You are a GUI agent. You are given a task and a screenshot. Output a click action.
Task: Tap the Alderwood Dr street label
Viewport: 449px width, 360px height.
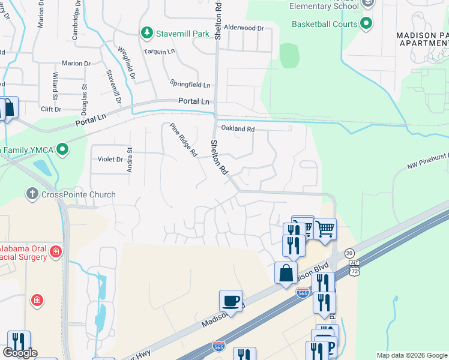244,28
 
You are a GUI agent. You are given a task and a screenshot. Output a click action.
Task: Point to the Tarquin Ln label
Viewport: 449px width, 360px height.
158,52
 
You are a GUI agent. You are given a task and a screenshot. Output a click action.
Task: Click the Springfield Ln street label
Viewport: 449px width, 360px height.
190,85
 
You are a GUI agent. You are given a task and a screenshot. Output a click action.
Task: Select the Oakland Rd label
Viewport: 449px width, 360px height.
238,129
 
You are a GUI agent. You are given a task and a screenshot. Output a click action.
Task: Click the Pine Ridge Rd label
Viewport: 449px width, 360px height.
183,140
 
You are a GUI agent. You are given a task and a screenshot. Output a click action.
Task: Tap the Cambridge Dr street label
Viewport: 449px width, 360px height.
76,25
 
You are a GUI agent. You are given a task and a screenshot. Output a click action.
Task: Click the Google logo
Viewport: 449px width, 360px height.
20,353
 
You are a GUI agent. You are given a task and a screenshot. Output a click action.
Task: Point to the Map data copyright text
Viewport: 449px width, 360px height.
411,355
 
